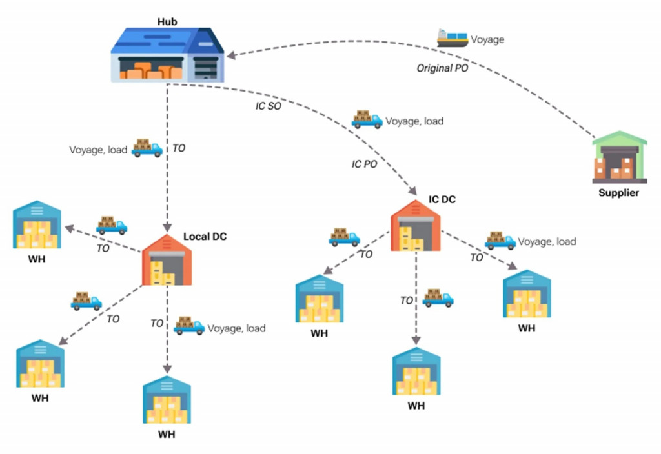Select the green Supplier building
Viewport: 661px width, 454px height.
pos(618,158)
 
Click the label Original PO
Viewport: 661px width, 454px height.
pos(442,68)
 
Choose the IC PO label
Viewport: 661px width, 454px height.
pos(364,164)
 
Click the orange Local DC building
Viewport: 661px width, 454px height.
pos(167,261)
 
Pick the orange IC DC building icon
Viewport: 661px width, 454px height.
pos(416,225)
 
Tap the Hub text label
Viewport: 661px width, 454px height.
pos(167,22)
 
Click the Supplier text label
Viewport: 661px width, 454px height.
pos(618,193)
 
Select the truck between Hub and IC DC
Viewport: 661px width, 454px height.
pos(367,119)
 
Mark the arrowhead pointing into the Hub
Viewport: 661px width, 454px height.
pos(229,56)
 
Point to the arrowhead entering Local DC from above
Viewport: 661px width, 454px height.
pos(167,228)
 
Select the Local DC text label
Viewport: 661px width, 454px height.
pos(205,237)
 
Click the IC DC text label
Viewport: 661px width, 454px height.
pos(442,200)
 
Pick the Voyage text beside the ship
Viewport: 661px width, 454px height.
pos(487,39)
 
